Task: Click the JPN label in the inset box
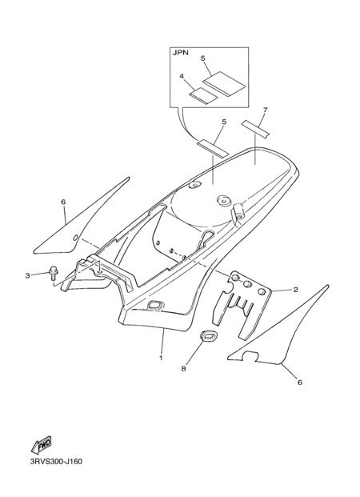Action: coord(180,53)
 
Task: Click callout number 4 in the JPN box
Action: coord(182,76)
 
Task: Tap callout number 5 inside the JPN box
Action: coord(203,58)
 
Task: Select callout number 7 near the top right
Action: coord(266,110)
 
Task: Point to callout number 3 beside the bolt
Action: coord(27,276)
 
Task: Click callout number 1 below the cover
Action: coord(161,359)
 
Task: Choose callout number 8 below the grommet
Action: coord(184,369)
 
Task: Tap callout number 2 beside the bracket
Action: coord(295,290)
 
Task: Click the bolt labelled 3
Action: coord(52,273)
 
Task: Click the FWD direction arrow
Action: coord(41,445)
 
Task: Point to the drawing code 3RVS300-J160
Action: coord(56,462)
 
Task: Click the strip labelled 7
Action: coord(255,129)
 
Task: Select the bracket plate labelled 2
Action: coord(242,305)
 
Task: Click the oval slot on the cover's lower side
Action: coord(156,305)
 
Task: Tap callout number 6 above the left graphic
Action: coord(63,202)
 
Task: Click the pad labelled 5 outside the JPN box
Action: coord(213,148)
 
